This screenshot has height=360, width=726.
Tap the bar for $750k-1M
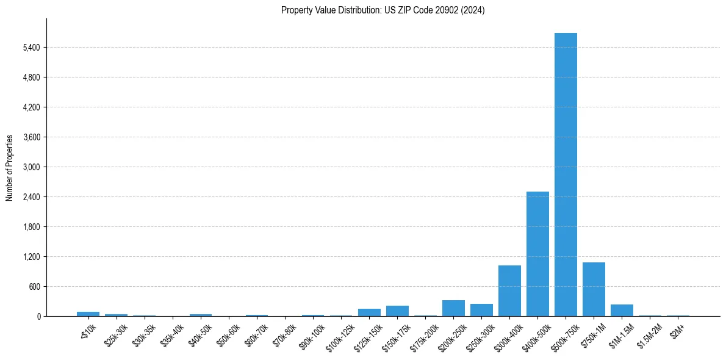point(594,289)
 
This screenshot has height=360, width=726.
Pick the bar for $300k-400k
point(509,291)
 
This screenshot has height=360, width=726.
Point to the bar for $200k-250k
point(453,308)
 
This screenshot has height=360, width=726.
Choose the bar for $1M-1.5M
point(622,310)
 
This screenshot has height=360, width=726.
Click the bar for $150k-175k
point(397,311)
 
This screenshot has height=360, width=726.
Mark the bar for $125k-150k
point(369,312)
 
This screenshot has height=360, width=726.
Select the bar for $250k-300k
point(481,310)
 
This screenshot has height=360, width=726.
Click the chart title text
point(383,10)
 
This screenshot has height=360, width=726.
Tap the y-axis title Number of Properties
point(10,167)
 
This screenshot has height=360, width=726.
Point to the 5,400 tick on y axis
point(31,48)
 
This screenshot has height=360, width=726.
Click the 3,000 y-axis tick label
point(31,167)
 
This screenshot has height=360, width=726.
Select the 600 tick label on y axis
point(34,287)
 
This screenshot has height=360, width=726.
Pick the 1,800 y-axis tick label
point(31,227)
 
